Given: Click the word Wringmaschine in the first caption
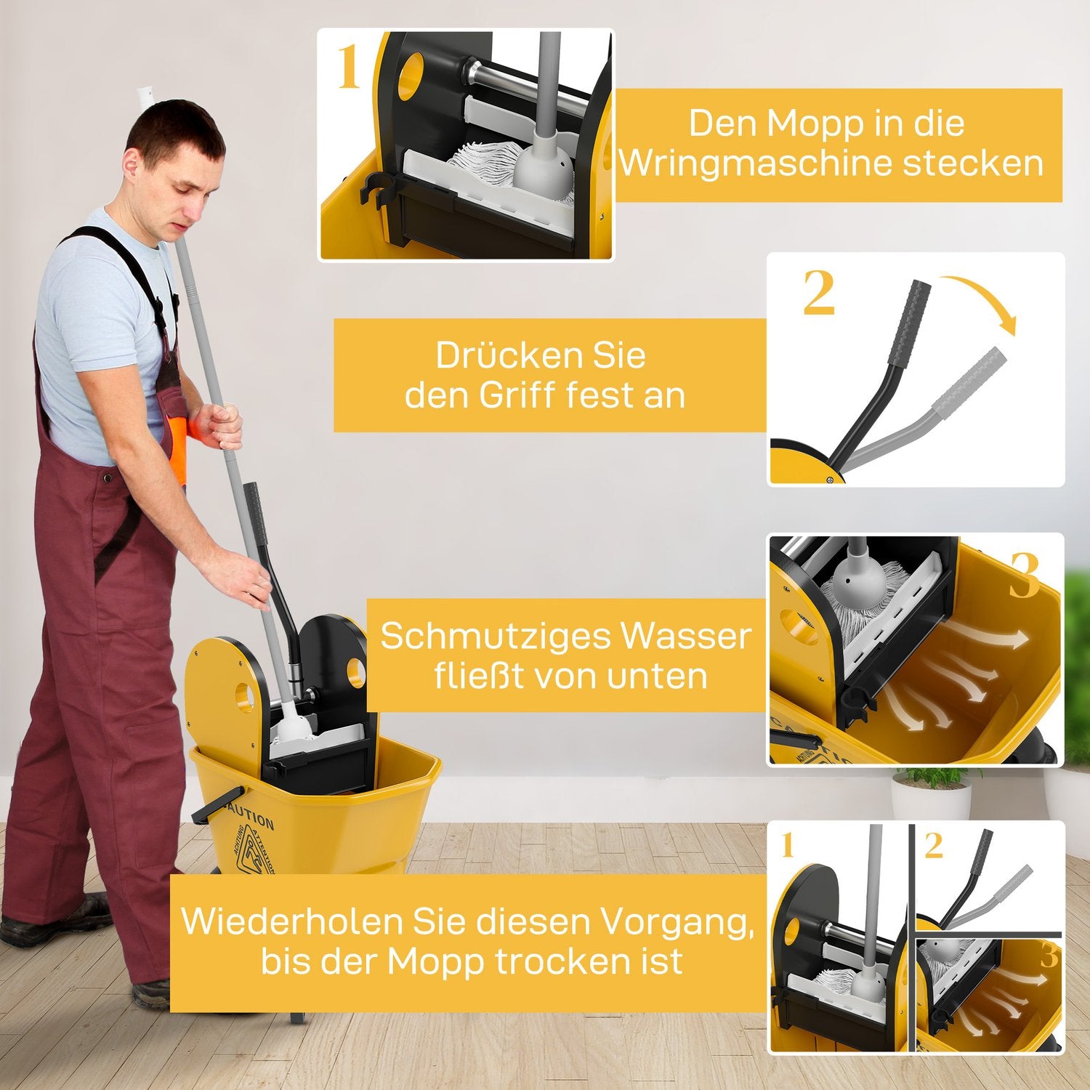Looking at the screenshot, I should [x=756, y=163].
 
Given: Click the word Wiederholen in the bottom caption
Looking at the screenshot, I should [x=291, y=921].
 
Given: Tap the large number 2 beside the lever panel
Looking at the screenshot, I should [x=819, y=294].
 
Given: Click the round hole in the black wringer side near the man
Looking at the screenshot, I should [x=356, y=673].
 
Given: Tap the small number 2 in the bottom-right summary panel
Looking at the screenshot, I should [x=934, y=846].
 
